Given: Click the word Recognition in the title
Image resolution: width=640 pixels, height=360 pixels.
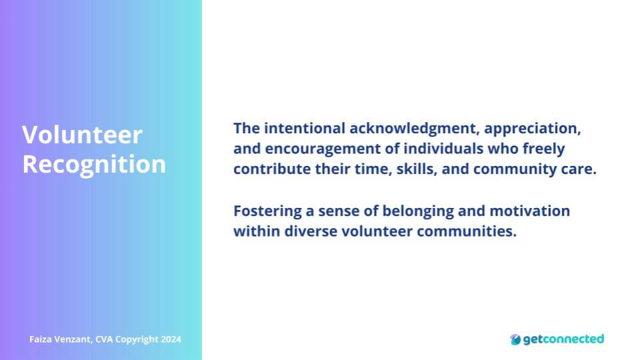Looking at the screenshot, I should point(94,165).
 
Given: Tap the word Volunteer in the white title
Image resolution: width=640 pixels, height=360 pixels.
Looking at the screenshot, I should point(82,135).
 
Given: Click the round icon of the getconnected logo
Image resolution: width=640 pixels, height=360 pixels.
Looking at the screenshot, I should point(515,339).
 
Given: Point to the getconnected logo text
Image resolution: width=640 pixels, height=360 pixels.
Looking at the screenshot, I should point(563,339).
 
